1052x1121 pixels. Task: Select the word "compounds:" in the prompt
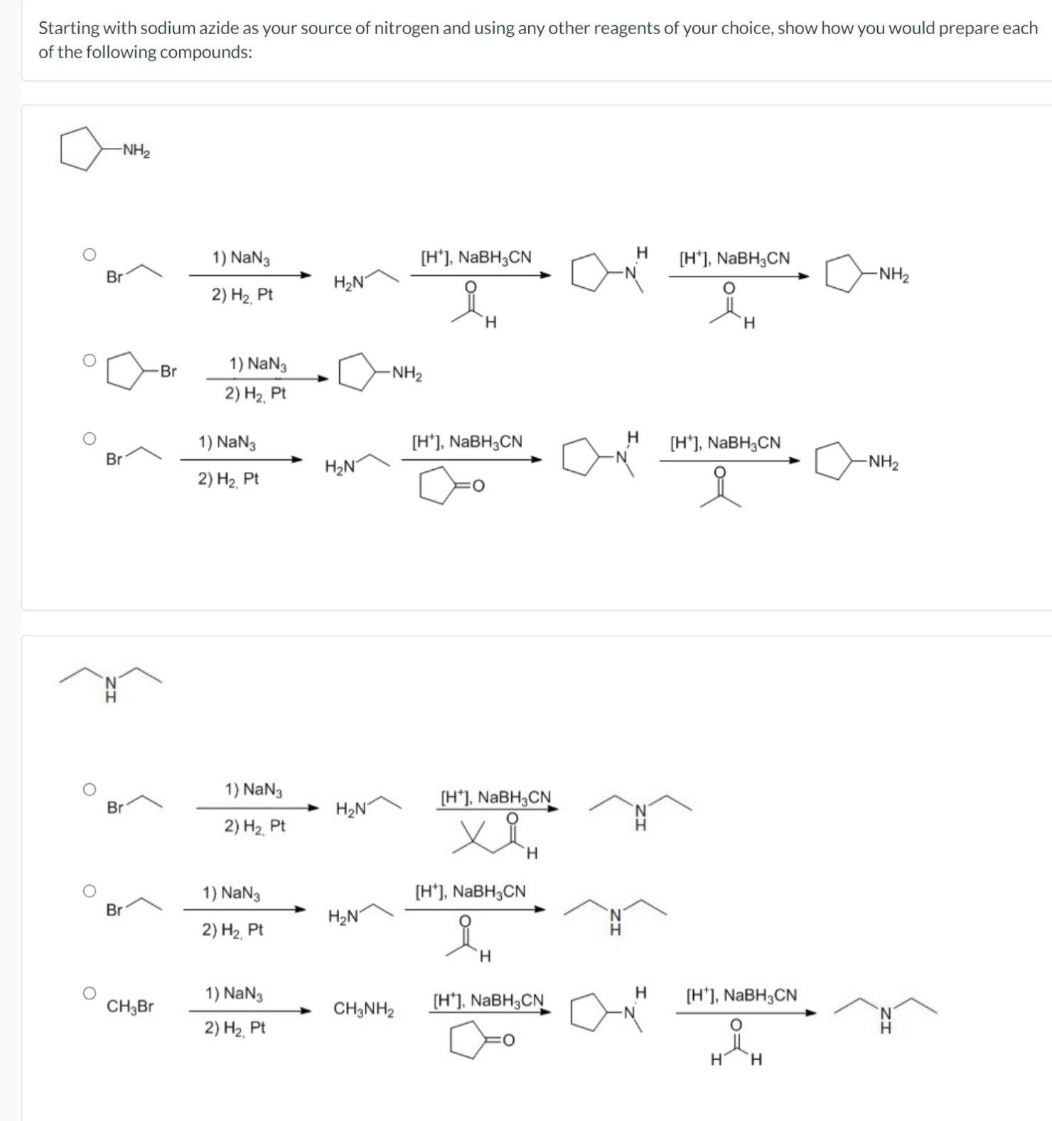click(x=206, y=53)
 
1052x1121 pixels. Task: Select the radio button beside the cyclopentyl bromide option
click(x=88, y=360)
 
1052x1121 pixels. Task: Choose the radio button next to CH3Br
click(x=88, y=993)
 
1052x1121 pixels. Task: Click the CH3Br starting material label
click(x=130, y=1007)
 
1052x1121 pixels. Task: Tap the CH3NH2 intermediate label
click(x=364, y=1009)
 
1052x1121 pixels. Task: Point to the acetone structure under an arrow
click(x=720, y=488)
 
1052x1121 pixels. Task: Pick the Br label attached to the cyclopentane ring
click(x=168, y=371)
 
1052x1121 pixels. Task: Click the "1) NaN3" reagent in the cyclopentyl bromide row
click(x=258, y=365)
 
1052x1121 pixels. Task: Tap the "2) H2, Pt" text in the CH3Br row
click(x=235, y=1028)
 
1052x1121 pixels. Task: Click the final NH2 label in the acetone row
click(x=883, y=463)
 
